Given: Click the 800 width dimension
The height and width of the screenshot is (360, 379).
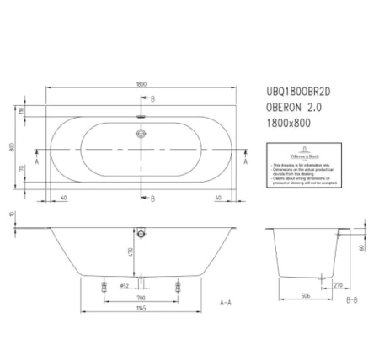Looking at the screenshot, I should (x=13, y=146).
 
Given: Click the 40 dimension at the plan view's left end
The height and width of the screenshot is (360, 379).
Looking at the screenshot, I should (x=65, y=199).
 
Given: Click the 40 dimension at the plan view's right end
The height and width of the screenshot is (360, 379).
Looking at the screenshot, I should (x=219, y=199).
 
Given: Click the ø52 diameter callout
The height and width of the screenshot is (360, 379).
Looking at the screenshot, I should (x=124, y=286).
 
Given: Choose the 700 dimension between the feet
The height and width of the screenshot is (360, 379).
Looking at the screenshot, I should (x=140, y=299).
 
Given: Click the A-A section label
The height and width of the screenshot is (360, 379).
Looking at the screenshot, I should (x=226, y=301).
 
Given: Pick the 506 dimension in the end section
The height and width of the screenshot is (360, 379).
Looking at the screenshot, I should (x=307, y=295).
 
